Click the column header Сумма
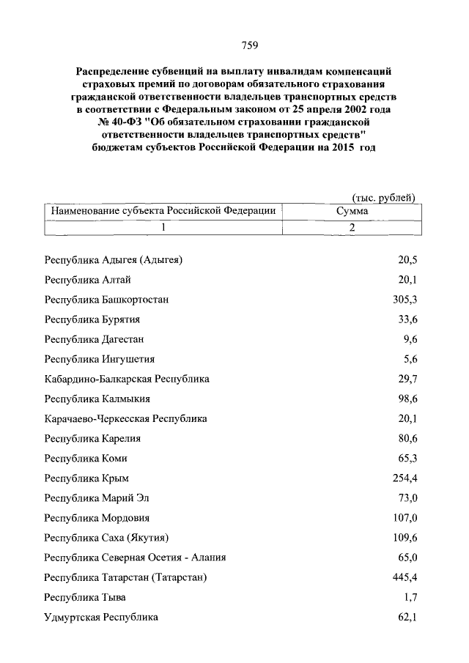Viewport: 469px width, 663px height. [352, 210]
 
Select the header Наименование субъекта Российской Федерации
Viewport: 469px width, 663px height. [163, 210]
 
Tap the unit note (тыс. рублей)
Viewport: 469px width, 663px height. [384, 197]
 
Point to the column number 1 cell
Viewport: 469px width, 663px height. [163, 227]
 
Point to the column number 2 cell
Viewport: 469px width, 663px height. [352, 227]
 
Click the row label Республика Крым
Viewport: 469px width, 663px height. [86, 478]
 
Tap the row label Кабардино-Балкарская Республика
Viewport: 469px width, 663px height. [127, 379]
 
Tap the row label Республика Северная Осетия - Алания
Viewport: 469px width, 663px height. [135, 558]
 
